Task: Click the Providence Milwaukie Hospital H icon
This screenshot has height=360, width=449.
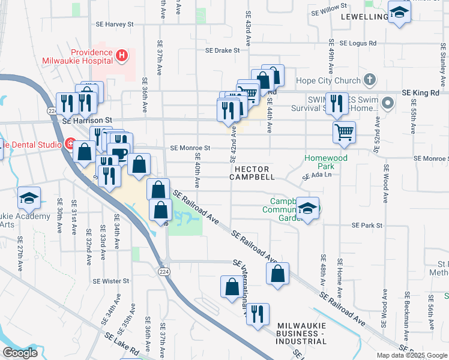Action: tap(122, 56)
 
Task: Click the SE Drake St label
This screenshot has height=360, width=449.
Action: tap(223, 51)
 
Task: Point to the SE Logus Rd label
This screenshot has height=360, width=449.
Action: tap(358, 43)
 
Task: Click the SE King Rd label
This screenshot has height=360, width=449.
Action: tap(420, 92)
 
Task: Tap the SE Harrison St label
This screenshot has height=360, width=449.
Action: tap(88, 120)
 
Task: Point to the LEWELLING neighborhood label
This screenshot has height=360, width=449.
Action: tap(364, 16)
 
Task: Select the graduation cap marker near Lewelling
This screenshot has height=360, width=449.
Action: tap(399, 13)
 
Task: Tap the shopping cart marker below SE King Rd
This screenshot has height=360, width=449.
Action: tap(344, 132)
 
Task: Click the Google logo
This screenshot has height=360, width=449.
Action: tap(20, 353)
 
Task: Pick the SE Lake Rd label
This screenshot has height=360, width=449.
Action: tap(122, 345)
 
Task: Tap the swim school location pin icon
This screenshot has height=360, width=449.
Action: tap(388, 104)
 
